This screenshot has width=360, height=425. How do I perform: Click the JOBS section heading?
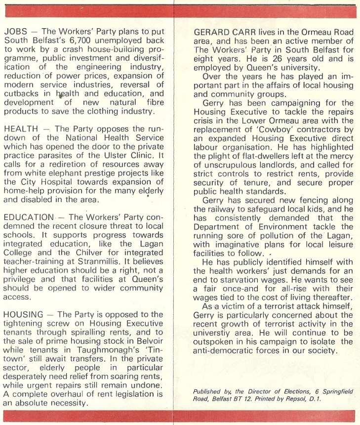[x=15, y=31]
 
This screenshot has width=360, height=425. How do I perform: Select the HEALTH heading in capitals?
[x=21, y=129]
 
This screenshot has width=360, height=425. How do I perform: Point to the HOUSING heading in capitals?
[x=24, y=315]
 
